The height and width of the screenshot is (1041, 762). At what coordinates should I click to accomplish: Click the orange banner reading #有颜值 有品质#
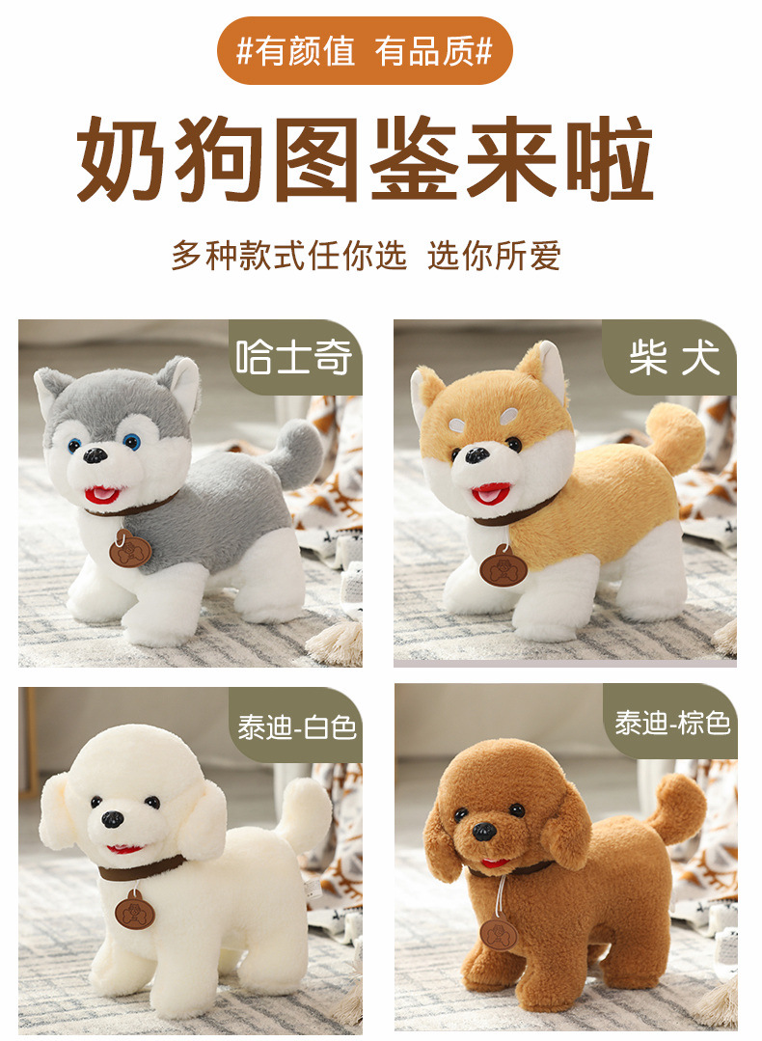(x=364, y=51)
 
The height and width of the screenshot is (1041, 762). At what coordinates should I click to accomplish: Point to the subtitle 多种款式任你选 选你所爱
(x=366, y=256)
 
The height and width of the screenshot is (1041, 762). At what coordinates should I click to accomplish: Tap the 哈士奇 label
(x=294, y=358)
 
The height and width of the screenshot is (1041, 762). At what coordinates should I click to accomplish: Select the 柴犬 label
(x=673, y=358)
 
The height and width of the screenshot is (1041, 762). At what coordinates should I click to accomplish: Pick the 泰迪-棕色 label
(x=673, y=722)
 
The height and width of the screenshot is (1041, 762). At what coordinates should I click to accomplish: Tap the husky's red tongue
(x=100, y=496)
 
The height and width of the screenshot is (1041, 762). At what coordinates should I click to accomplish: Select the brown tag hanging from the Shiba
(x=503, y=567)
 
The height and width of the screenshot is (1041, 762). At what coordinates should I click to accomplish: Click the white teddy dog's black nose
(x=113, y=820)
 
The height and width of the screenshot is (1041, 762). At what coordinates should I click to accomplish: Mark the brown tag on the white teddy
(x=134, y=911)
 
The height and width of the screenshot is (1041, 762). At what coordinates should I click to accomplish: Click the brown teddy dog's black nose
(x=484, y=830)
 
